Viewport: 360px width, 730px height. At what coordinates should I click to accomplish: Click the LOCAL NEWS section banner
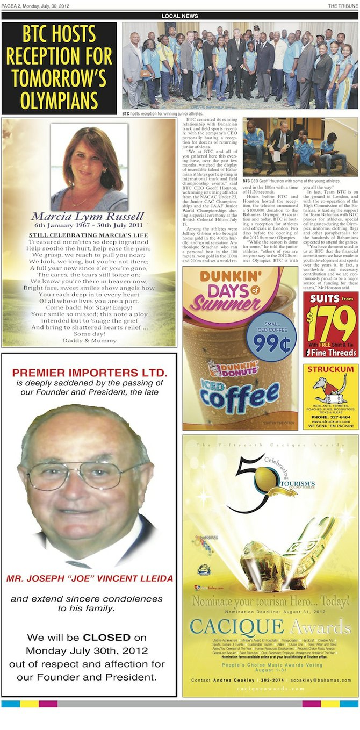point(179,16)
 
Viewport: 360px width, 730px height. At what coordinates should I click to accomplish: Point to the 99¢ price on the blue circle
point(271,343)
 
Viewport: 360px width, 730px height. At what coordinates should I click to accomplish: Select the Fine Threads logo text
point(334,352)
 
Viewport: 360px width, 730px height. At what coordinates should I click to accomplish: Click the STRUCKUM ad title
point(330,369)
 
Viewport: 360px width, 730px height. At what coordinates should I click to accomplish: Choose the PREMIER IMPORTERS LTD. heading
point(90,373)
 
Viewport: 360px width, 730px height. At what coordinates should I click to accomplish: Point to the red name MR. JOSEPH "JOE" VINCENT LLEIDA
point(90,579)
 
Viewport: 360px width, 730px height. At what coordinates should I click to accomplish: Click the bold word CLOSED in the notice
point(106,638)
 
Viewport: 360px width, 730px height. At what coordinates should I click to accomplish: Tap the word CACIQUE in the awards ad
point(236,626)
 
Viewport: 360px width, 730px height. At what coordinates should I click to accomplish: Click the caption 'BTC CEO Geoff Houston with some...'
point(291,181)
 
